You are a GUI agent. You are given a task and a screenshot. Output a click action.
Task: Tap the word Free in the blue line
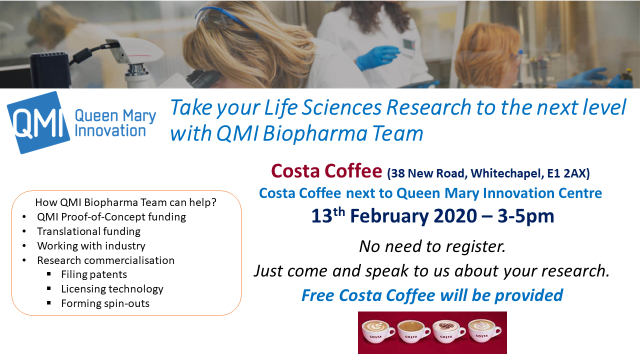[322, 294]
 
